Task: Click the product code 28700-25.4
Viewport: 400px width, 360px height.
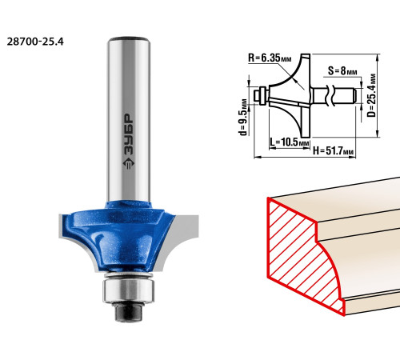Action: click(35, 42)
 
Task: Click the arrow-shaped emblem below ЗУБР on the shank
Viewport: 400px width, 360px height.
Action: click(129, 163)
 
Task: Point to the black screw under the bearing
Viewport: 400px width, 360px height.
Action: click(128, 311)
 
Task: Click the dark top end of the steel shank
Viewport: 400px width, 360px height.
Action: click(128, 39)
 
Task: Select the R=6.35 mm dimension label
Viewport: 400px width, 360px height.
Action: click(270, 58)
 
